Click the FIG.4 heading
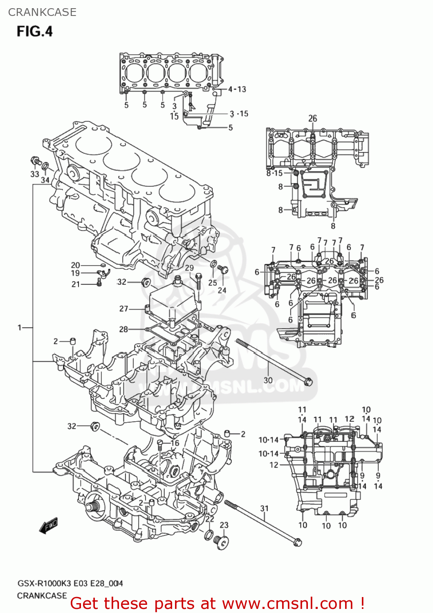35,31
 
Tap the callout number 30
268,380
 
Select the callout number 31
265,508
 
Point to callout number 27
123,309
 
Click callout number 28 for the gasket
123,329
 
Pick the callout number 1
19,327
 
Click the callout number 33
35,174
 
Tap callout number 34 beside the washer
45,180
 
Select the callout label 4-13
237,89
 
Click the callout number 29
189,268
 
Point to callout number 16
175,443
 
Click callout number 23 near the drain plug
224,525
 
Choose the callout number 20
76,265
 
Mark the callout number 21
76,284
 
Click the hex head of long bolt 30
309,382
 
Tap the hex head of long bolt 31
297,543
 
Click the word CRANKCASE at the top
42,12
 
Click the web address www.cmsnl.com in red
287,603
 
